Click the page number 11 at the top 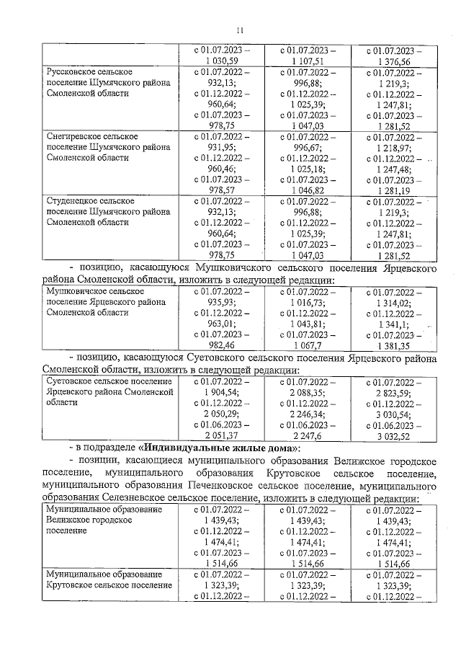(x=241, y=30)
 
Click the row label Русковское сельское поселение (x=108, y=83)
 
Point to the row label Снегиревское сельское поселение (x=108, y=146)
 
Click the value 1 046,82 (x=308, y=188)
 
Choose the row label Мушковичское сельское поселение (x=108, y=303)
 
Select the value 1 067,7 (x=308, y=345)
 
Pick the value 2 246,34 (x=308, y=413)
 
